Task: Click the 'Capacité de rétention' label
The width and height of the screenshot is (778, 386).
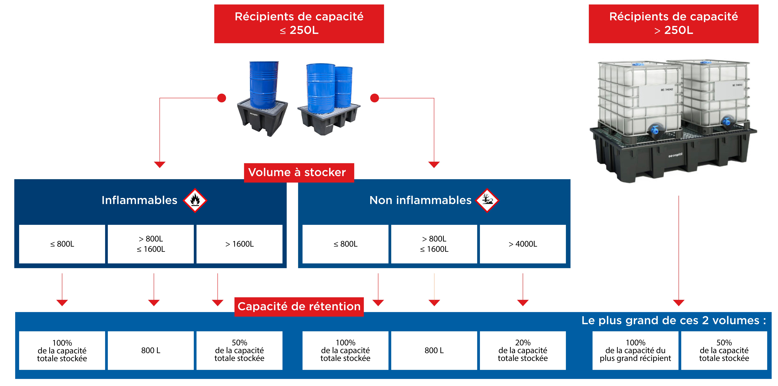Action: click(299, 307)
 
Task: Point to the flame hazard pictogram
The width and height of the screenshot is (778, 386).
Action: click(195, 200)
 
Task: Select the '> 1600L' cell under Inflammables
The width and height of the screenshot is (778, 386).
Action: click(239, 244)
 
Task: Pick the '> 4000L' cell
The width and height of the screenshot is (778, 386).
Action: click(523, 244)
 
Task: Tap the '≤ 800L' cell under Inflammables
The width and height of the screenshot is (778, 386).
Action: click(62, 244)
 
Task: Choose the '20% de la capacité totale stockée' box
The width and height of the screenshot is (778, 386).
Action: click(523, 350)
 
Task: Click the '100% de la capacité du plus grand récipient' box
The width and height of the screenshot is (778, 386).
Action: click(635, 350)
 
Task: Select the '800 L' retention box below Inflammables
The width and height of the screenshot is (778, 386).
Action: click(151, 350)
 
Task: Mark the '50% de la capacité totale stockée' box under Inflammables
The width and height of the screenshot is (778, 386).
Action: click(239, 350)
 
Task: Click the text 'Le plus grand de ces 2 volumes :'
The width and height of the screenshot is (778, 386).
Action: click(673, 320)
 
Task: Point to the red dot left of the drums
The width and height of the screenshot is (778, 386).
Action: click(222, 98)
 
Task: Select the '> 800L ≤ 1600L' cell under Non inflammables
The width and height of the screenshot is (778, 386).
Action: click(434, 244)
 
